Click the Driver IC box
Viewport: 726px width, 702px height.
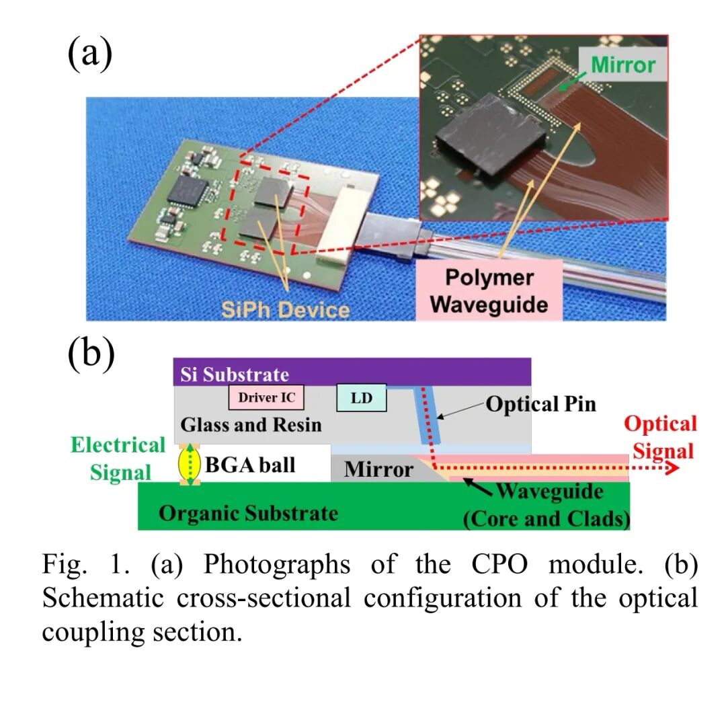point(267,397)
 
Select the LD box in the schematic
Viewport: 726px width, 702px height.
point(363,398)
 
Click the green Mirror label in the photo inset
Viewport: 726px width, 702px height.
point(622,65)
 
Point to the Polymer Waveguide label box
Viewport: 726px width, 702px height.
point(489,291)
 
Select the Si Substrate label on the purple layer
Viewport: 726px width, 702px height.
point(235,375)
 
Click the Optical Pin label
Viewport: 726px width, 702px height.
point(540,405)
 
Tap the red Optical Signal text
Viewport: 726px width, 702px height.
point(661,436)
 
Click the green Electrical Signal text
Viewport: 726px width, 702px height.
point(118,458)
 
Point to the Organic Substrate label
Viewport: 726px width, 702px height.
point(248,513)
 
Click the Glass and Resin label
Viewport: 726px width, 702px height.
point(251,425)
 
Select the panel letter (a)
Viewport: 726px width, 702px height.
point(89,54)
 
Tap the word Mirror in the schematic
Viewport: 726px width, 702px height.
point(378,469)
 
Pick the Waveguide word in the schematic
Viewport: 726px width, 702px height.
point(550,492)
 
